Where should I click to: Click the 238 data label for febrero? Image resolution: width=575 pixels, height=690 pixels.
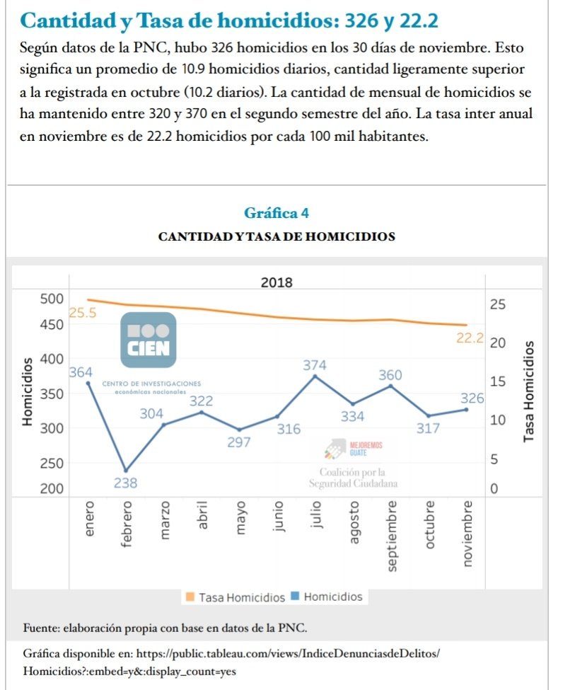point(125,484)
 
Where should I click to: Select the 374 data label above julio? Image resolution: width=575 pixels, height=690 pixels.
point(315,365)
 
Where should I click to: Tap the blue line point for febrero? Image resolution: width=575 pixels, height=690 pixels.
point(126,471)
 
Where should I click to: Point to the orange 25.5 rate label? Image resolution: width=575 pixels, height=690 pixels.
point(83,312)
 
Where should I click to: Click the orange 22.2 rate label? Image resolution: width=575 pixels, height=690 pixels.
point(470,338)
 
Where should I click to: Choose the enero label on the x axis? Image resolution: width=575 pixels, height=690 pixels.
point(88,519)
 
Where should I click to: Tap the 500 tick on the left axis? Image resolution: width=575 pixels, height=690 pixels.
point(51,298)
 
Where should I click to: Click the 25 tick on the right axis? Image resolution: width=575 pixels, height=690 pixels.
point(498,304)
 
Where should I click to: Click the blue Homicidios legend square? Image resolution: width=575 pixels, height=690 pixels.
point(296,597)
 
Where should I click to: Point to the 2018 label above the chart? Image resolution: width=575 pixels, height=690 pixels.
point(277,283)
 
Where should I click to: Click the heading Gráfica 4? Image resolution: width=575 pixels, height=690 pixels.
point(276,212)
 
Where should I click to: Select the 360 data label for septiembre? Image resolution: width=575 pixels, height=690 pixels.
point(390,374)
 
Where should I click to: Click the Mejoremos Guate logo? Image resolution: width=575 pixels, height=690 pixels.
point(354,448)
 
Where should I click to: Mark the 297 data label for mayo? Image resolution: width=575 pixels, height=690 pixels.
point(239,442)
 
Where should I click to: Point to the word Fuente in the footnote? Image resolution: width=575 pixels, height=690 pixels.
point(41,628)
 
